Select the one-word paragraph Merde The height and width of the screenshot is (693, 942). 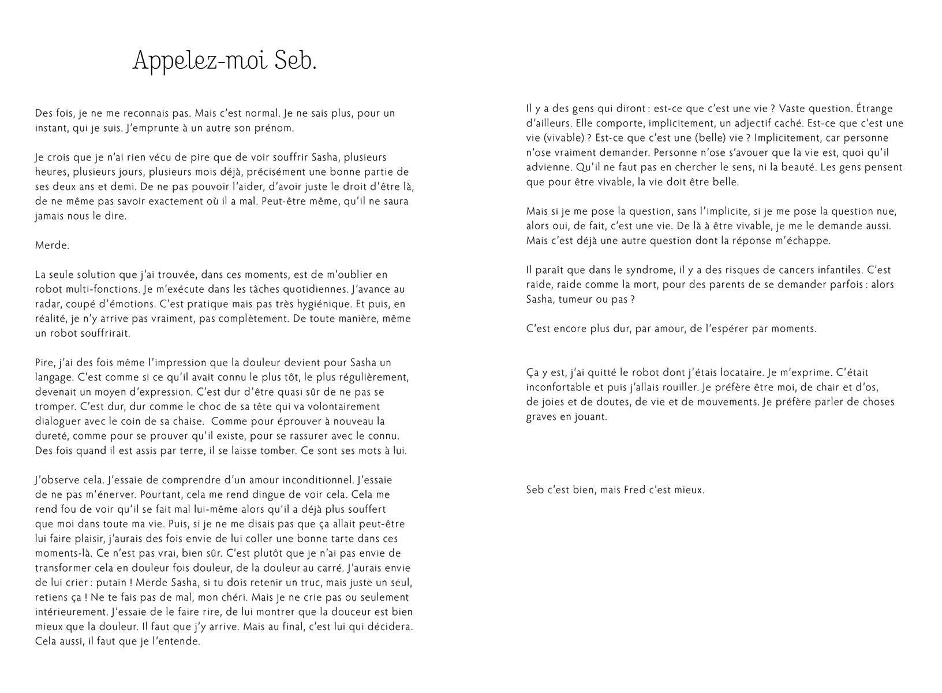pos(52,245)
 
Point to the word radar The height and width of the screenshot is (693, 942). pos(48,304)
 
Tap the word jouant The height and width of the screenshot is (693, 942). pos(590,417)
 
